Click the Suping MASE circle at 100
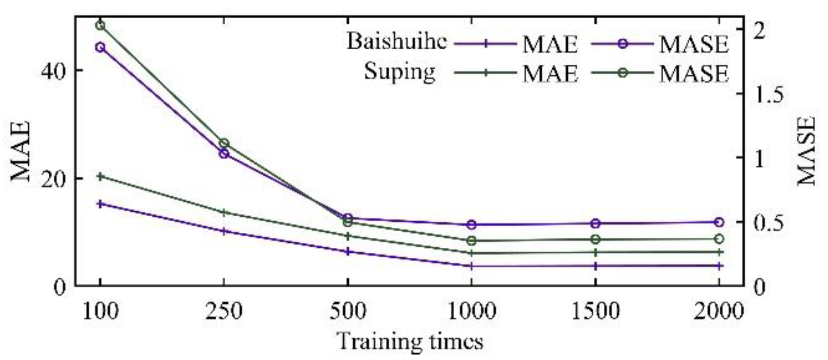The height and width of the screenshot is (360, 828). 100,25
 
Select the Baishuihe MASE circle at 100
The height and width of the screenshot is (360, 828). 100,47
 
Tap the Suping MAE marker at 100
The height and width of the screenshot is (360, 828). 100,177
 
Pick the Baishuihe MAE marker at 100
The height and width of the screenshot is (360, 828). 100,203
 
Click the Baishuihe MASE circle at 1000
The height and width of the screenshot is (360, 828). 472,224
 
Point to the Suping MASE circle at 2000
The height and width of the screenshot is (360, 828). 719,239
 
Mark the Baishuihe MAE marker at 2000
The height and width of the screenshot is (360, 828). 719,266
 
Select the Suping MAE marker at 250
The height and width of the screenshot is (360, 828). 224,212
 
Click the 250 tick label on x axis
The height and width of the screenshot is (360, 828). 224,312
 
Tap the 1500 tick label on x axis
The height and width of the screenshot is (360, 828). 595,312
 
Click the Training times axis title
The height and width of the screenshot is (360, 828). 409,342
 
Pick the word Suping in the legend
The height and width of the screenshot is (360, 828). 399,72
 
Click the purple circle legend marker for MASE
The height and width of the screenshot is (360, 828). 622,43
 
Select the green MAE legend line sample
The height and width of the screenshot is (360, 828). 486,73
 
